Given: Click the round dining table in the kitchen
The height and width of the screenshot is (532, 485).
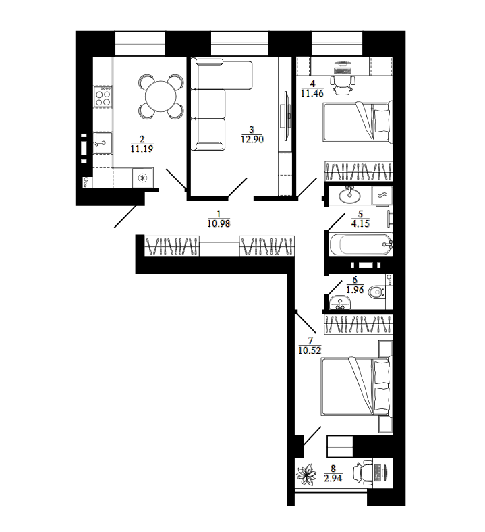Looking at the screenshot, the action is (x=161, y=97).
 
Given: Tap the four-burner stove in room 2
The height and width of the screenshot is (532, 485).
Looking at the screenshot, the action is (x=103, y=97).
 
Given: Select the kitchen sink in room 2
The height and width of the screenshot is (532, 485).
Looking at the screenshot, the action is (x=103, y=143).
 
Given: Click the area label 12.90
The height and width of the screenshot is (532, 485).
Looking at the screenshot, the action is (x=252, y=139).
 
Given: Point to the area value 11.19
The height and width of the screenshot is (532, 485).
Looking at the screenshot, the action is (x=142, y=149).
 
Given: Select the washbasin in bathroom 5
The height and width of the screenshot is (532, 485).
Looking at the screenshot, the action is (x=349, y=195).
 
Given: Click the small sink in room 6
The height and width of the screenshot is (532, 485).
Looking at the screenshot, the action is (x=340, y=302).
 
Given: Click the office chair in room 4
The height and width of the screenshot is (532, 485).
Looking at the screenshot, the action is (x=343, y=84).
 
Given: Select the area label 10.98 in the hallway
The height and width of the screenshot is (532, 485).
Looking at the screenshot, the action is (x=219, y=223).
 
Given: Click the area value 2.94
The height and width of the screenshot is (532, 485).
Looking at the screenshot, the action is (x=333, y=478).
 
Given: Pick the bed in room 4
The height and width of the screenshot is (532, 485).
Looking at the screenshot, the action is (x=357, y=122).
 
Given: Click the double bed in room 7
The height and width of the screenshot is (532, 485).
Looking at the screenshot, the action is (x=356, y=385).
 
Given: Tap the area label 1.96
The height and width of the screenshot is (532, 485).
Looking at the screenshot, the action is (x=355, y=290).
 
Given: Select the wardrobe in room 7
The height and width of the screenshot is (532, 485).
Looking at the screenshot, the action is (x=358, y=324).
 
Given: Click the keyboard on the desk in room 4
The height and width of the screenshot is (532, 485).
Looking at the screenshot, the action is (x=343, y=71).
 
